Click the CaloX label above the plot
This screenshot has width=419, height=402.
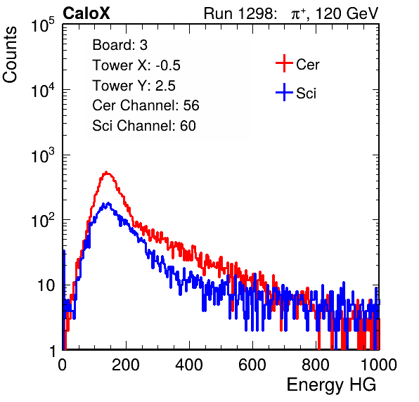pyautogui.click(x=86, y=13)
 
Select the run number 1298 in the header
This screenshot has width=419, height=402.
pyautogui.click(x=257, y=13)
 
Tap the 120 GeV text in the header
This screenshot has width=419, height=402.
pyautogui.click(x=347, y=13)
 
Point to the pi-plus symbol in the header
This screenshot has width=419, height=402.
pyautogui.click(x=297, y=14)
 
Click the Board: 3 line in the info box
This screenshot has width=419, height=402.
pyautogui.click(x=120, y=45)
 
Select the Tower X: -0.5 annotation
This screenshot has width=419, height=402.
pyautogui.click(x=136, y=65)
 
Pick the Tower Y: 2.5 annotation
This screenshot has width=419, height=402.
pyautogui.click(x=134, y=86)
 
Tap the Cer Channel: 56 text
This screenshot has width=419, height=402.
pyautogui.click(x=146, y=105)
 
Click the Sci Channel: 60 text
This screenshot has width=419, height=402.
pyautogui.click(x=144, y=126)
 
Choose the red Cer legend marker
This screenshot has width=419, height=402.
pyautogui.click(x=284, y=63)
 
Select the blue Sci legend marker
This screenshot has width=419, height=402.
pyautogui.click(x=284, y=92)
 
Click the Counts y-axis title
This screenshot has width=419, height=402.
pyautogui.click(x=10, y=55)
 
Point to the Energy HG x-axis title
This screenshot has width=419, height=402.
pyautogui.click(x=331, y=384)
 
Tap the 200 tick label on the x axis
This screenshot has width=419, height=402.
pyautogui.click(x=126, y=364)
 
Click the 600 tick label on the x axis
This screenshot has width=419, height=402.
pyautogui.click(x=252, y=364)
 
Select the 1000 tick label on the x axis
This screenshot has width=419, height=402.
pyautogui.click(x=379, y=364)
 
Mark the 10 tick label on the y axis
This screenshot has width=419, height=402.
pyautogui.click(x=46, y=285)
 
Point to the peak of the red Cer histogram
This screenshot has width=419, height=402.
pyautogui.click(x=106, y=173)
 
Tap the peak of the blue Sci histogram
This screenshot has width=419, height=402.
pyautogui.click(x=108, y=204)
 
